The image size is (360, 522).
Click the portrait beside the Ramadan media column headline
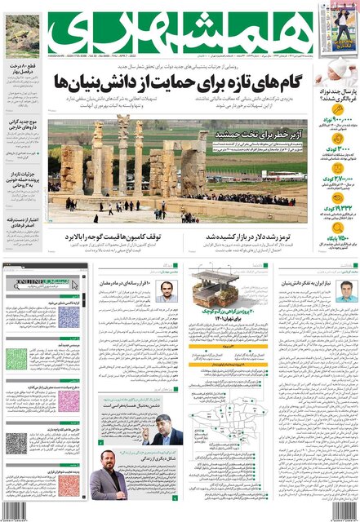click(x=167, y=290)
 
